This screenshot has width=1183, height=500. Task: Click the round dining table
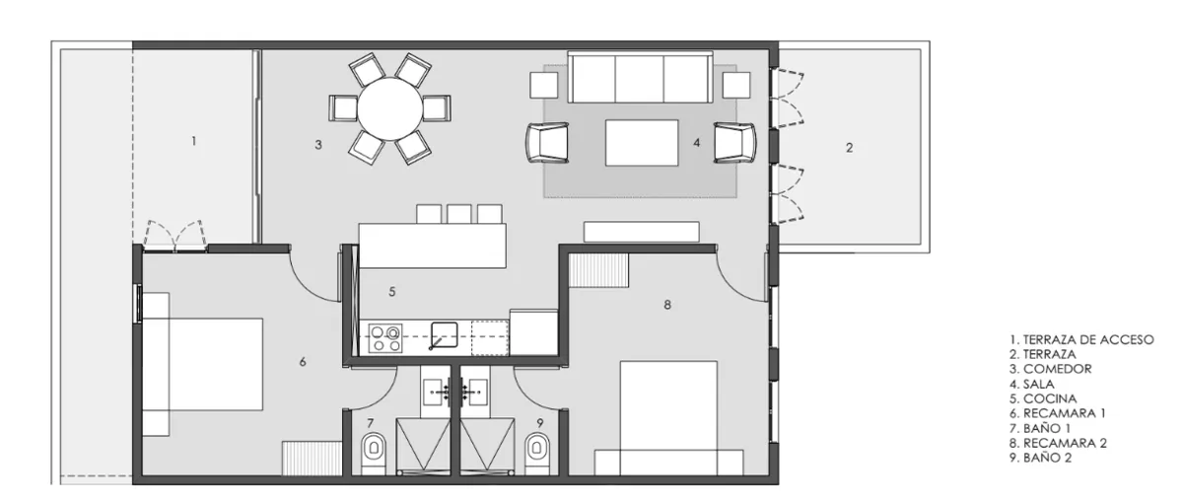[389, 108]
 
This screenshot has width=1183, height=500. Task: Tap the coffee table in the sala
[642, 143]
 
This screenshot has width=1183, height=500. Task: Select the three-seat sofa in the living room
[640, 77]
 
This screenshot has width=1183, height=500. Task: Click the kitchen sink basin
[445, 334]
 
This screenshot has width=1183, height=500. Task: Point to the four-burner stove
[385, 338]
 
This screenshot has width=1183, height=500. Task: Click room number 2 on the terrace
[849, 148]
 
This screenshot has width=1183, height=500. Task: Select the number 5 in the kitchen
[392, 292]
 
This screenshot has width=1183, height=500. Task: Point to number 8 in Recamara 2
[667, 305]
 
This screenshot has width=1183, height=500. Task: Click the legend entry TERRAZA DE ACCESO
[1081, 339]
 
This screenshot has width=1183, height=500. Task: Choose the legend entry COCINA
[1043, 398]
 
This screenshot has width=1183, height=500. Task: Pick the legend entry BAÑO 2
[1040, 458]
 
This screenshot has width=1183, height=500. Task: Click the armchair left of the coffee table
[547, 142]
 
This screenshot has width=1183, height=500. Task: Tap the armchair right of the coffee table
[734, 142]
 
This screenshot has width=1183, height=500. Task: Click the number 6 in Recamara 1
[303, 362]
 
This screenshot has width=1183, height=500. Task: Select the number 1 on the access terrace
[194, 141]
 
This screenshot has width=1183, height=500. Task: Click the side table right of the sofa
[736, 85]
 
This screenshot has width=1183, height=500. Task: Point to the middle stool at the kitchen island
[459, 214]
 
